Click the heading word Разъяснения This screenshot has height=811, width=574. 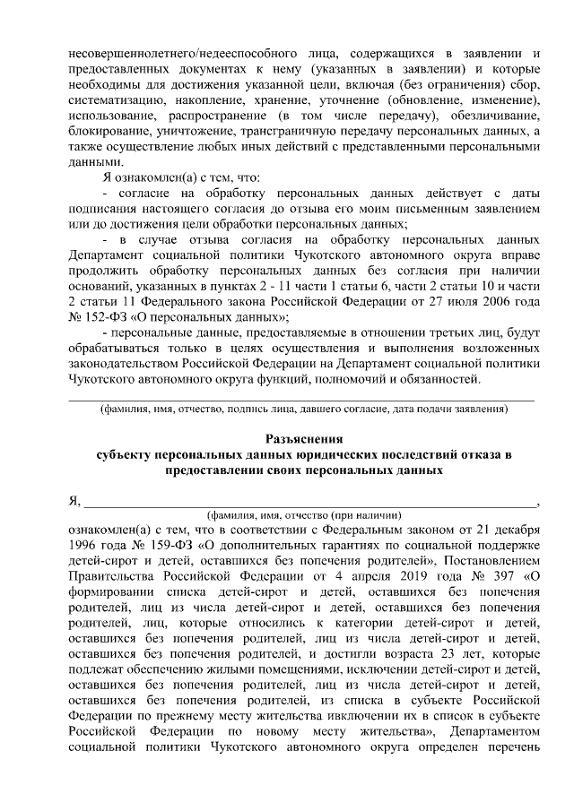click(304, 439)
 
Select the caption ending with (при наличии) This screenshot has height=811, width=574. click(304, 516)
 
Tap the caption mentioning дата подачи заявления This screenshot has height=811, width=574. click(304, 409)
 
